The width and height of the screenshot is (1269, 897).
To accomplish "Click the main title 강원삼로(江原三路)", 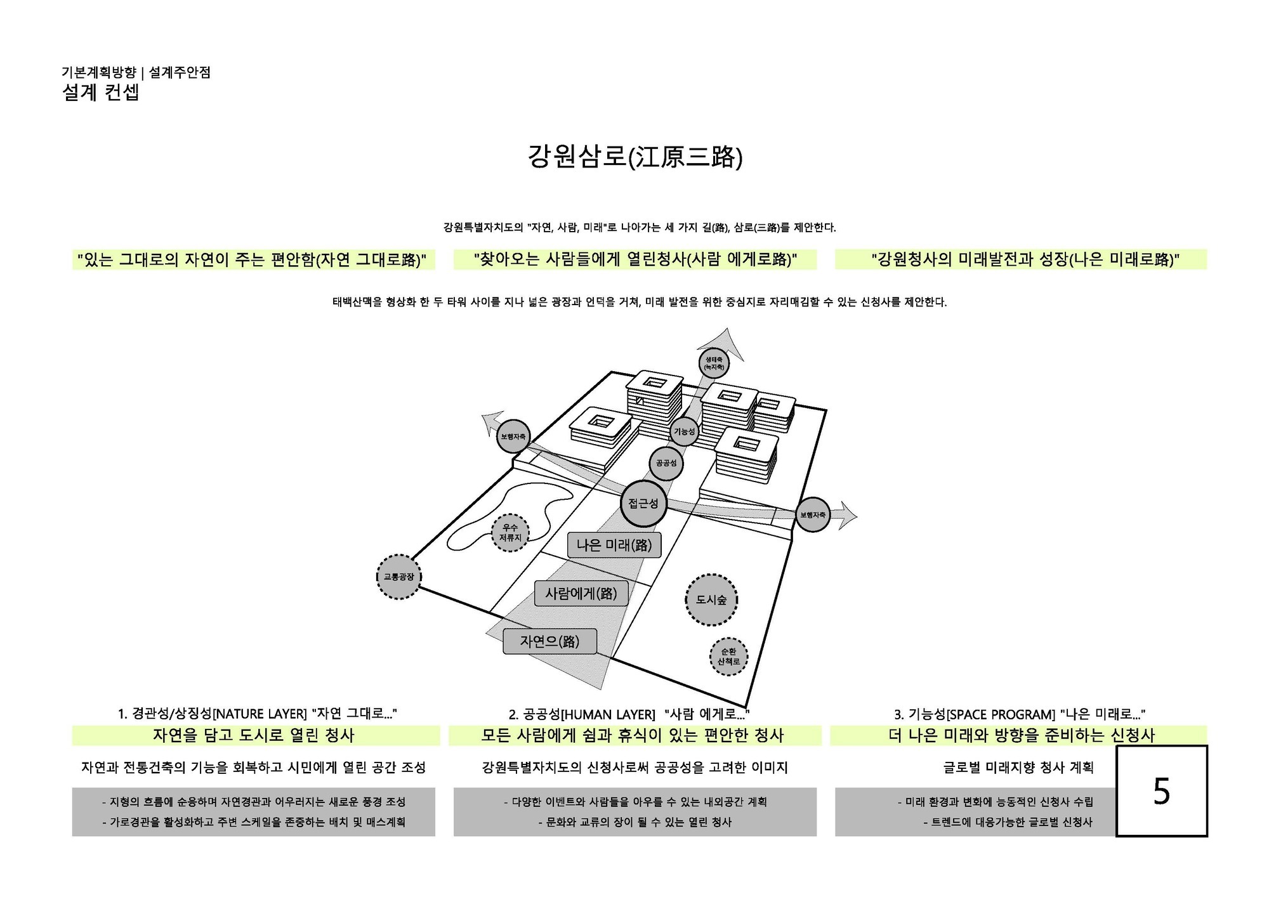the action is [x=634, y=157].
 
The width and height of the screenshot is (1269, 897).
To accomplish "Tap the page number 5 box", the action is [x=1161, y=791].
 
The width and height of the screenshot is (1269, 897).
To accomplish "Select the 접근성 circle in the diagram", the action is [x=643, y=504].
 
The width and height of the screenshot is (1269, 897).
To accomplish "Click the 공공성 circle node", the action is [x=666, y=463].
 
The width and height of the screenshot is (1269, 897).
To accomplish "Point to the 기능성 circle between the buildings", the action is [x=684, y=431].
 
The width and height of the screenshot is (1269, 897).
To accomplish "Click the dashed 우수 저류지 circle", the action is [x=510, y=532].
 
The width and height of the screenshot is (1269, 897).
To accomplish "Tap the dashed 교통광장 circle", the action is [x=399, y=577].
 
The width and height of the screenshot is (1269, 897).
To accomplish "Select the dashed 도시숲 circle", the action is [x=711, y=599].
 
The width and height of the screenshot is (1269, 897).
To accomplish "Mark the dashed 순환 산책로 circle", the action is [x=728, y=657].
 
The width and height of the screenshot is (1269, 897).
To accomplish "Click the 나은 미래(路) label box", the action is [x=614, y=544].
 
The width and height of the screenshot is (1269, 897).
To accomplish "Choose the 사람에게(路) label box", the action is [x=581, y=593].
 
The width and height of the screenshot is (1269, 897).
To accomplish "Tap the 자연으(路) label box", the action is [x=549, y=641].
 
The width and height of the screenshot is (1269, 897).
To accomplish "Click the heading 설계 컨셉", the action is [x=100, y=93].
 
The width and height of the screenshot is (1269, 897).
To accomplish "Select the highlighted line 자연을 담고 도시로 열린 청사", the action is [x=253, y=735].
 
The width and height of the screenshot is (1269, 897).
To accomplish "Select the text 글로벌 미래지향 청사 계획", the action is [x=1018, y=768].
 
